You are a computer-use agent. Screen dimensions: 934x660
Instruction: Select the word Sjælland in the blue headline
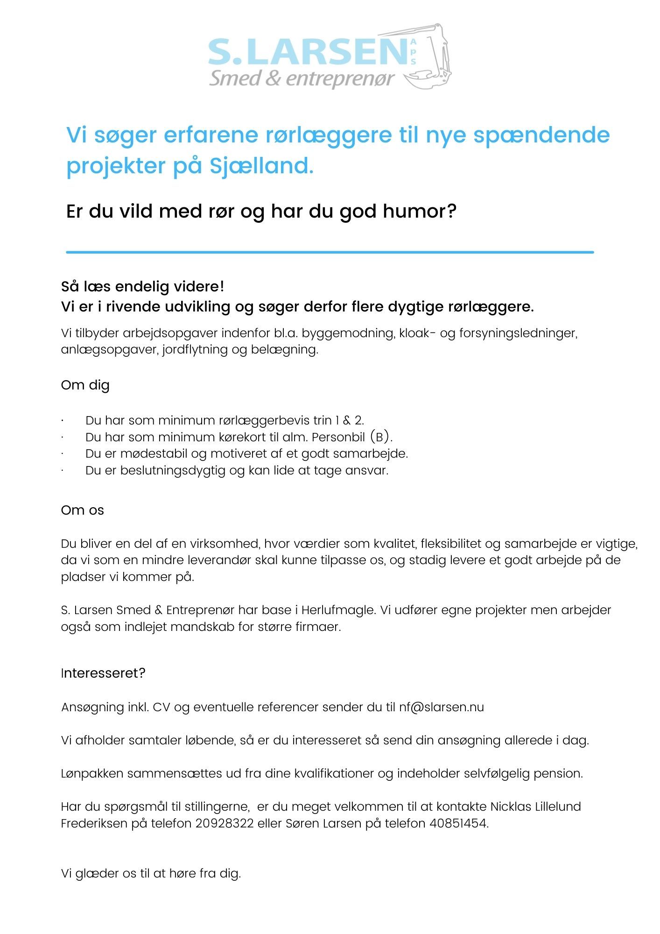[x=260, y=166]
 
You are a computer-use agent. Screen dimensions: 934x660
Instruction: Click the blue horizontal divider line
[x=330, y=252]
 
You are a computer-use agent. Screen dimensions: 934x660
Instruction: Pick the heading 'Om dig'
[x=85, y=385]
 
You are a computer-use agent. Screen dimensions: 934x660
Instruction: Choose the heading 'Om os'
[x=82, y=510]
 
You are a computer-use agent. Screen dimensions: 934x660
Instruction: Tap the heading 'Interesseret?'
[x=103, y=673]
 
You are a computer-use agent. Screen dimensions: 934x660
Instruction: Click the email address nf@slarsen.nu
[x=441, y=707]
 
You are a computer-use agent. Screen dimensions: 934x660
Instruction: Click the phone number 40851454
[x=458, y=823]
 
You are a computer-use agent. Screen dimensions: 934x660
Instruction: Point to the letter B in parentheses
[x=382, y=438]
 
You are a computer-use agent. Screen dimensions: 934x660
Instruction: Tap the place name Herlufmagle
[x=338, y=610]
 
